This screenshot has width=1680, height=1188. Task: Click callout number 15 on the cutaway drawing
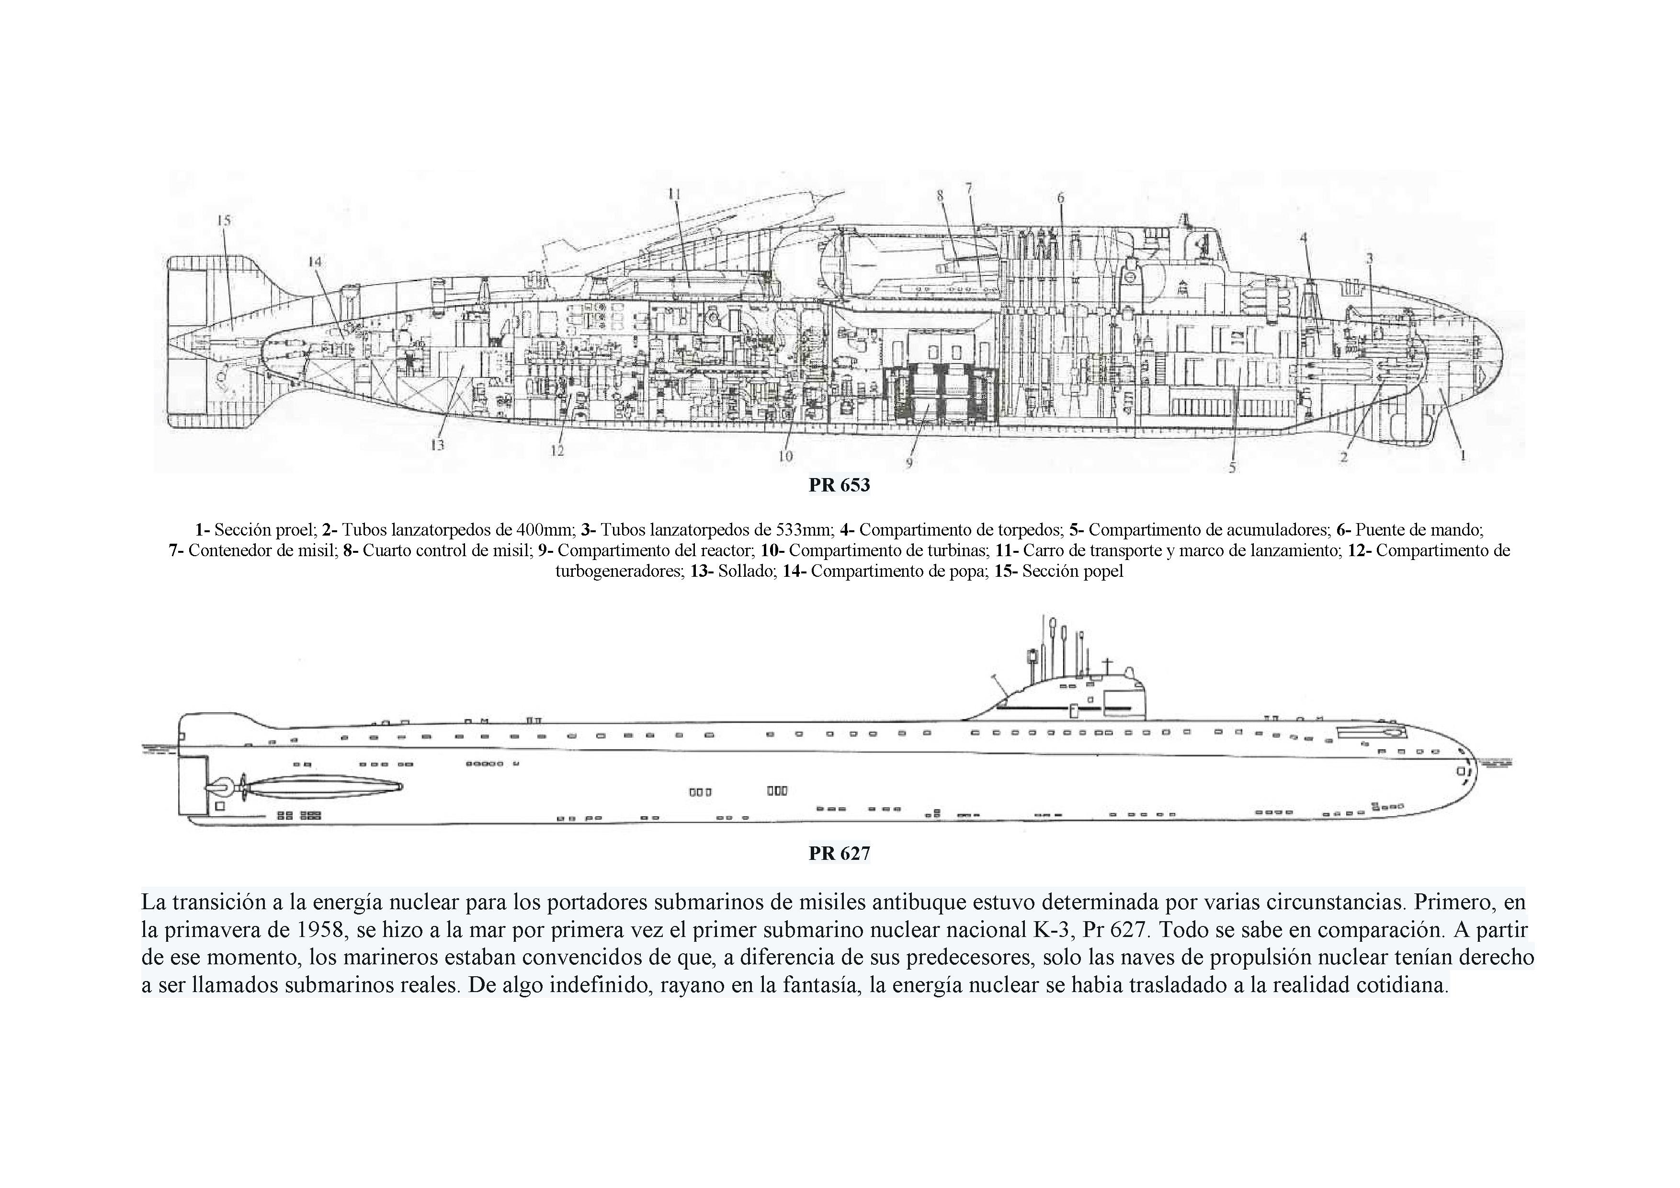click(223, 219)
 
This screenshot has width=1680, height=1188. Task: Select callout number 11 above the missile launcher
click(674, 194)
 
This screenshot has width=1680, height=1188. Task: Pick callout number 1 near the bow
click(1462, 455)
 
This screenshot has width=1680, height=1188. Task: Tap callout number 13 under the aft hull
click(438, 445)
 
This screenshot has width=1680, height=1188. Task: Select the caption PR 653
click(839, 485)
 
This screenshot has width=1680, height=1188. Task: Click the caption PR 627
click(839, 853)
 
